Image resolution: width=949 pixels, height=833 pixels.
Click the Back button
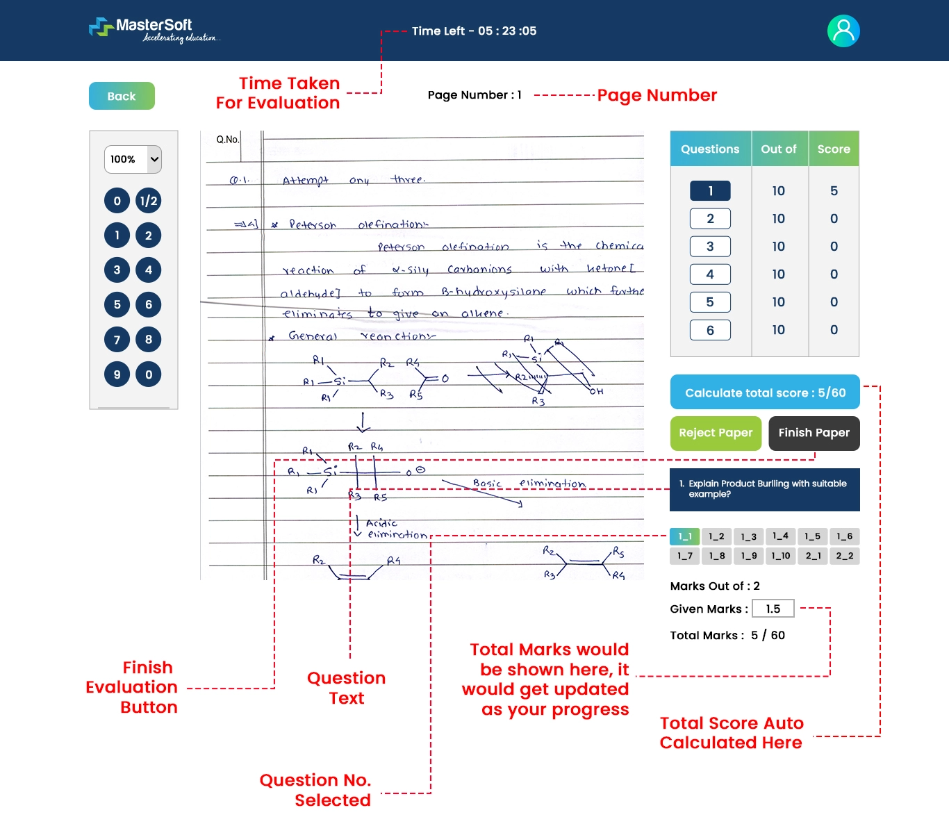click(x=122, y=96)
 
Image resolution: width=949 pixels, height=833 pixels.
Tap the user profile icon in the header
click(x=843, y=31)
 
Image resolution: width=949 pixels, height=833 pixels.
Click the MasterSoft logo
click(x=154, y=30)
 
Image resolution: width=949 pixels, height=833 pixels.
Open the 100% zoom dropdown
click(x=133, y=159)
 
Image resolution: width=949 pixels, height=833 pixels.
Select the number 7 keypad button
click(x=117, y=340)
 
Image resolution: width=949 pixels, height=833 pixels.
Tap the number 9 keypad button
click(x=117, y=374)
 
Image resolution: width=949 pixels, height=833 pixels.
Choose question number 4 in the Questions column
click(x=710, y=274)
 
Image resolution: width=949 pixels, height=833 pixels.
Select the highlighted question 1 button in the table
click(x=710, y=191)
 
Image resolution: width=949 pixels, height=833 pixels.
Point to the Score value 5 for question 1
click(x=834, y=191)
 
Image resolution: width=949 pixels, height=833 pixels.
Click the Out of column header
click(x=779, y=149)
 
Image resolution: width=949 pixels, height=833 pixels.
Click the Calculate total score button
click(x=765, y=393)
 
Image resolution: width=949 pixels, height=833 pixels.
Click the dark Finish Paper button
click(x=814, y=433)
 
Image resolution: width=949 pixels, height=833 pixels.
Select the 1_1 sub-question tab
click(x=685, y=536)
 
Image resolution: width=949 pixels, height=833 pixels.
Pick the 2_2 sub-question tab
click(x=844, y=556)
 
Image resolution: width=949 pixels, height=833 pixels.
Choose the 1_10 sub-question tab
click(x=781, y=556)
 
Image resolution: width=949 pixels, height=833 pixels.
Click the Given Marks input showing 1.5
click(x=773, y=609)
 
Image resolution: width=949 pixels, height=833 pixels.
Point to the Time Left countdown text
click(x=474, y=31)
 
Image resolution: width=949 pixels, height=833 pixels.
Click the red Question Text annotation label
click(x=346, y=688)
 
